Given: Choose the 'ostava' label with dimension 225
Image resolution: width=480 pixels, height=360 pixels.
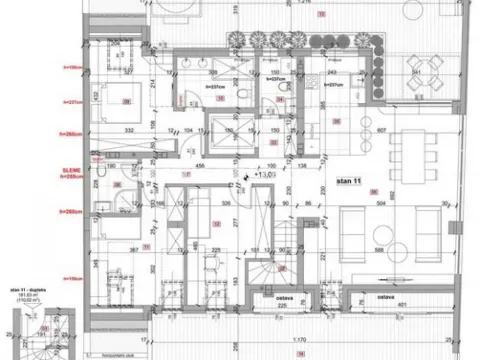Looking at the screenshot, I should point(283,296).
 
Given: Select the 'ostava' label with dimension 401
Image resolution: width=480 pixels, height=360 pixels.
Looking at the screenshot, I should point(383,296).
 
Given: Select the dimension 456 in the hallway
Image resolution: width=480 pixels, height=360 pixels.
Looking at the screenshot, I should point(200,164).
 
